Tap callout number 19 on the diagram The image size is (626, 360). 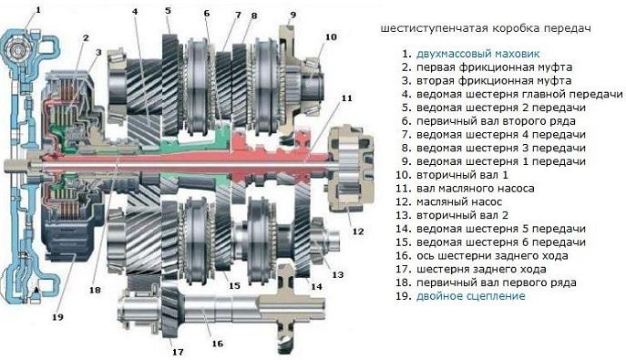pos(57,317)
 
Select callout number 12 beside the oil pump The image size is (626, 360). pos(357,230)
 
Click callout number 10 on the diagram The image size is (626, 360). pos(330,37)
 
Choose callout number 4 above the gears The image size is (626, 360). pos(135,11)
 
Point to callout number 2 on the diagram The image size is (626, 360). pos(85,37)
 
